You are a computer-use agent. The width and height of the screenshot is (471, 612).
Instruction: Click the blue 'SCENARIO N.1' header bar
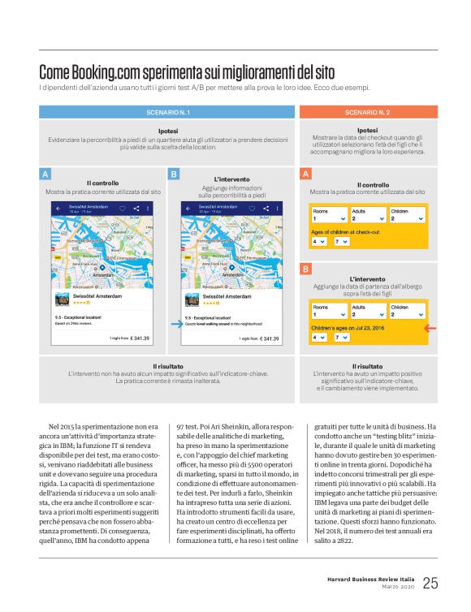click(x=169, y=111)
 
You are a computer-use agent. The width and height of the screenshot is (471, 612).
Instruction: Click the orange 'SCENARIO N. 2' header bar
click(x=367, y=111)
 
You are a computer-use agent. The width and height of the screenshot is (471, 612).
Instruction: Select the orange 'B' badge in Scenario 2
click(x=305, y=268)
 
